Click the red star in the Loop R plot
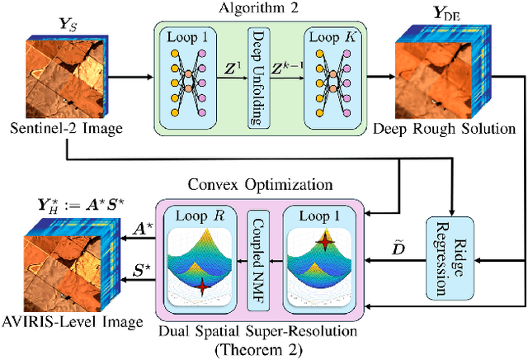(x=202, y=287)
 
